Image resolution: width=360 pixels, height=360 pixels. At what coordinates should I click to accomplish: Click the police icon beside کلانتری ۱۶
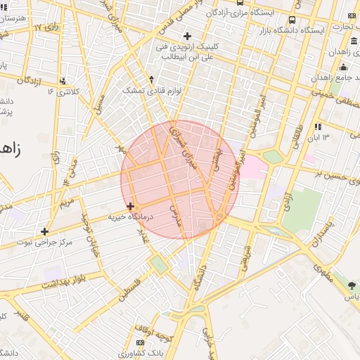click(64, 81)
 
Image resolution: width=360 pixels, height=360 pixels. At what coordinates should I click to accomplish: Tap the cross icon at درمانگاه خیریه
click(131, 206)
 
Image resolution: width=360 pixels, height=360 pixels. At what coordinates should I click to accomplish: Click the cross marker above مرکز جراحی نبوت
click(45, 231)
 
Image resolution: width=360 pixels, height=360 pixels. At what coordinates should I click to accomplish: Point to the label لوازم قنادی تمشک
click(151, 90)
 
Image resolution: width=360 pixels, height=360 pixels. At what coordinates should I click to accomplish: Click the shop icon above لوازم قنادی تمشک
click(151, 79)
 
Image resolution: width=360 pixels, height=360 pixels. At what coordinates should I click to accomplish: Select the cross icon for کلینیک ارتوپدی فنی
click(186, 35)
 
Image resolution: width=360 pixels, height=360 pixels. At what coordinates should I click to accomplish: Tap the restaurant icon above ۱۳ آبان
click(318, 127)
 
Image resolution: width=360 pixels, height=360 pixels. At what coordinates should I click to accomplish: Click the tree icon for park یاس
click(352, 285)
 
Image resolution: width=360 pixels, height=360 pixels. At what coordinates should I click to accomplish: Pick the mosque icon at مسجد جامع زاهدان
click(343, 67)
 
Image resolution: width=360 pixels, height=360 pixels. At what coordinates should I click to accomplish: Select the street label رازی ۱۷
click(46, 27)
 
